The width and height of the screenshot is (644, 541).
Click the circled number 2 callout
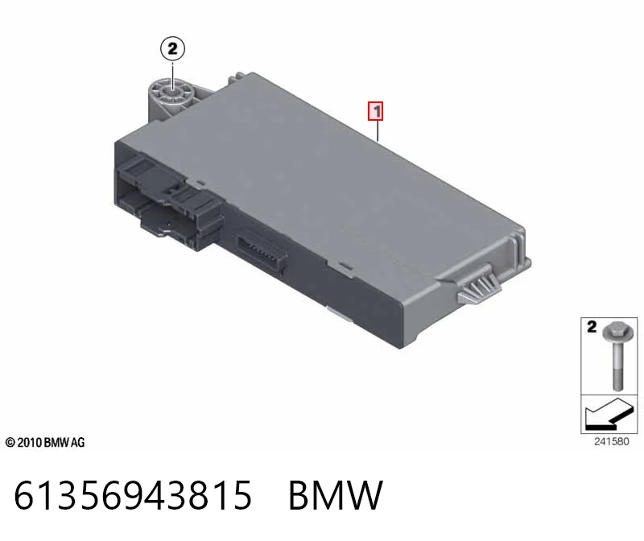172,49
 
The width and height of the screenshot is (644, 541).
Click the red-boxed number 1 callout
376,111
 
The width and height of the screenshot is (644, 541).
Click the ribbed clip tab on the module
479,287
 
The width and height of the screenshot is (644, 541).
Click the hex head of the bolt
615,331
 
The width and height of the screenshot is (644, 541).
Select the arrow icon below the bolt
609,415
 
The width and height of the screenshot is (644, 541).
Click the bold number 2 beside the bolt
592,327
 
